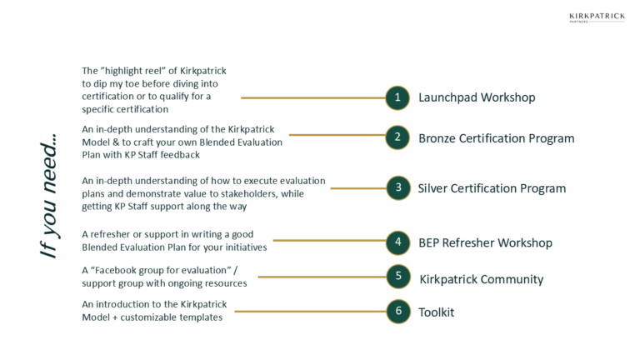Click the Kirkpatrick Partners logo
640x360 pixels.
pos(597,17)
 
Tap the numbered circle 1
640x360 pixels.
pos(397,98)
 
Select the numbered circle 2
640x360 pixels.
pos(397,137)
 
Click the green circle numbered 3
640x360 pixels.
pos(398,188)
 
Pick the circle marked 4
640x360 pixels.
pos(398,242)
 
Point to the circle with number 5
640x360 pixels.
pos(398,277)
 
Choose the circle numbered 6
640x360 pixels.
pos(398,312)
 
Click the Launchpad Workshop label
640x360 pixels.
pos(477,97)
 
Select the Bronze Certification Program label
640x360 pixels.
pos(497,138)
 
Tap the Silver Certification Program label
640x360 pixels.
pos(492,188)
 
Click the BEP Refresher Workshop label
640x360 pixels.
pos(485,242)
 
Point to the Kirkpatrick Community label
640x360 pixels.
pos(482,279)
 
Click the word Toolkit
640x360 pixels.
pos(437,312)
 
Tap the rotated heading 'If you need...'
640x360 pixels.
pos(49,196)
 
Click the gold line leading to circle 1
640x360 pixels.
pos(313,98)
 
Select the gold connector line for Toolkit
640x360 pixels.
pos(311,312)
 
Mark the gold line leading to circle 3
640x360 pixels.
pos(358,188)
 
